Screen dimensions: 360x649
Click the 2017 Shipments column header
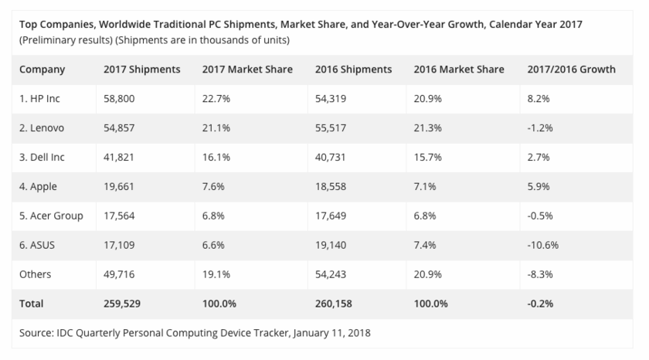click(x=141, y=70)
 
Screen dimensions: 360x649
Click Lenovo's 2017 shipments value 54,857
click(x=121, y=127)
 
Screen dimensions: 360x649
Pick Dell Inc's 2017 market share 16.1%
click(x=216, y=157)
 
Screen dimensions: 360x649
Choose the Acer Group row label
click(x=51, y=216)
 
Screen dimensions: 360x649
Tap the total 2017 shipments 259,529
click(x=124, y=304)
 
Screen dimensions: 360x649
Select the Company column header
click(x=42, y=70)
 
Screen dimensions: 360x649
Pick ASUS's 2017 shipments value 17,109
click(x=121, y=245)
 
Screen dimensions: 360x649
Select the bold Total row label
click(x=32, y=304)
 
